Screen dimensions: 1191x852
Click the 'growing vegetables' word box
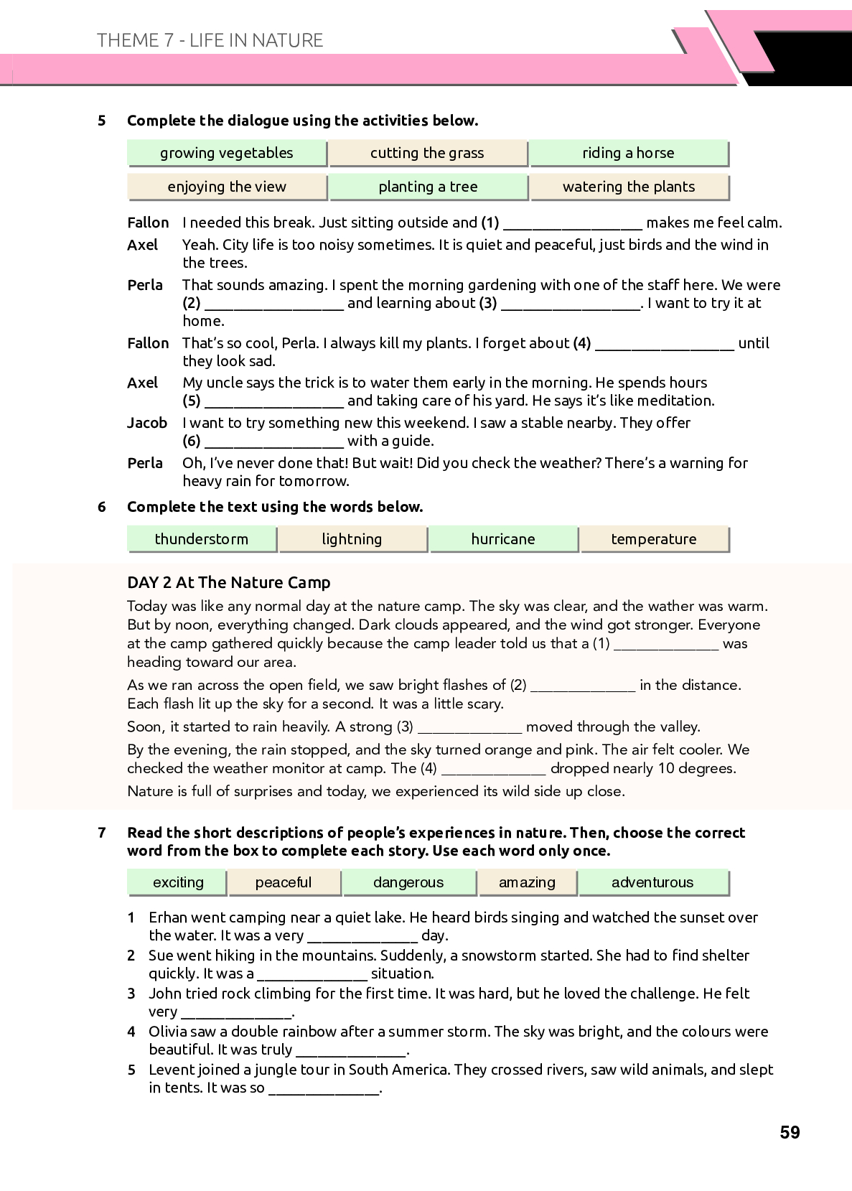point(227,153)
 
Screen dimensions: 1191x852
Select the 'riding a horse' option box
point(628,153)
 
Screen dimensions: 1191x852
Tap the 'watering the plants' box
point(629,187)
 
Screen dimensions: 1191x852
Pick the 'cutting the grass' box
point(427,153)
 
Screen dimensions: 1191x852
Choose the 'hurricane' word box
point(503,539)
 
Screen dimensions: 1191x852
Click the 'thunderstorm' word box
point(202,539)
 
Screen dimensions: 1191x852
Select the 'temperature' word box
point(654,539)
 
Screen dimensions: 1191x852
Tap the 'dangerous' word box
point(408,882)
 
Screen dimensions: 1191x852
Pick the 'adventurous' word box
point(652,882)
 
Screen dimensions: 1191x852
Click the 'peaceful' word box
point(284,882)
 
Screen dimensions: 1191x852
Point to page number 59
point(790,1132)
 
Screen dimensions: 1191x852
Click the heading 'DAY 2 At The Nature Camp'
point(228,582)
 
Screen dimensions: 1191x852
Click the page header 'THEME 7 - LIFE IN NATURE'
point(210,40)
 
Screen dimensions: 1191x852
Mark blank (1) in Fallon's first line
point(573,224)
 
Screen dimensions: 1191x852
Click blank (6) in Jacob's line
point(273,442)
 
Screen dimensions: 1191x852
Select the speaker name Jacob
point(147,423)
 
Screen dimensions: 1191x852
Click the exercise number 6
point(102,507)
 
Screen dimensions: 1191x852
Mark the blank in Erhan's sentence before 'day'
point(362,937)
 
